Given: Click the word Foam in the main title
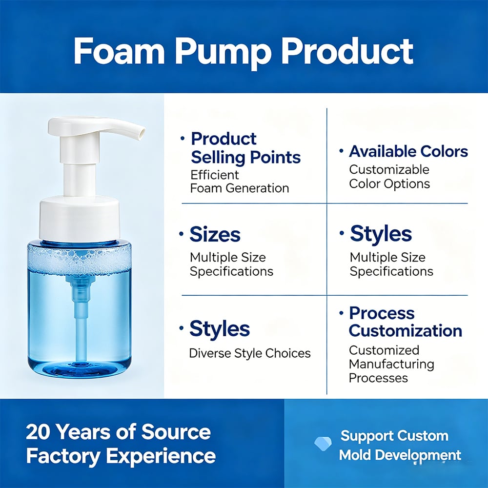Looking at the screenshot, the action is [x=119, y=51].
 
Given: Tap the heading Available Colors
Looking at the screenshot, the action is [x=408, y=152].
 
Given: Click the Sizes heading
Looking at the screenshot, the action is [x=215, y=234].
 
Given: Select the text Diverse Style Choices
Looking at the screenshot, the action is [x=249, y=353].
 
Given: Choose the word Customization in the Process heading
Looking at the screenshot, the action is [x=405, y=330].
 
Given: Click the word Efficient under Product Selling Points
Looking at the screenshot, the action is [x=214, y=175].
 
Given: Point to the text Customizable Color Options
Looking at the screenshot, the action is [x=389, y=177].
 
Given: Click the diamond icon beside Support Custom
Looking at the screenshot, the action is [x=323, y=444].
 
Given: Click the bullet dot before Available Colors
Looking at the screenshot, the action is [x=342, y=151].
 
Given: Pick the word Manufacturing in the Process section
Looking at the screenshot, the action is [x=391, y=365].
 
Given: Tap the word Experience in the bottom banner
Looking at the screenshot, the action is [x=161, y=457].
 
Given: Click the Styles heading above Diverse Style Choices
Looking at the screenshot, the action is [x=220, y=329].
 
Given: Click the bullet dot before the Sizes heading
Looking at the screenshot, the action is [x=182, y=234].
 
